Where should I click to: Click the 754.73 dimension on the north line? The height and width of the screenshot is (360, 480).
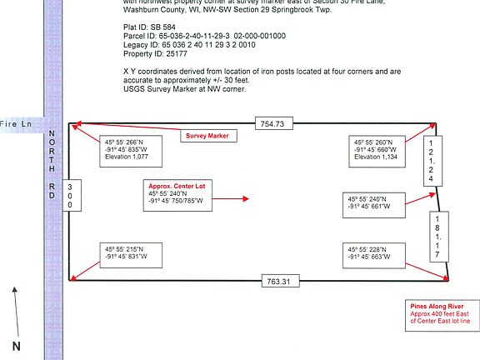[x=272, y=123]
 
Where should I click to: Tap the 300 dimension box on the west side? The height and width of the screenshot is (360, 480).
[x=70, y=196]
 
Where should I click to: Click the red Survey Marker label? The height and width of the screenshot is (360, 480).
[x=207, y=135]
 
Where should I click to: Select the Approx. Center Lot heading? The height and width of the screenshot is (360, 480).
[x=172, y=185]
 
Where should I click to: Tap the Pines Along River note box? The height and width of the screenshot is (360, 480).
[x=440, y=311]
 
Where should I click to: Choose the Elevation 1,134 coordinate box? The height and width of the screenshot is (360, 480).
[x=380, y=149]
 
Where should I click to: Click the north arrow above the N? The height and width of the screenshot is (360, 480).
[x=13, y=308]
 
